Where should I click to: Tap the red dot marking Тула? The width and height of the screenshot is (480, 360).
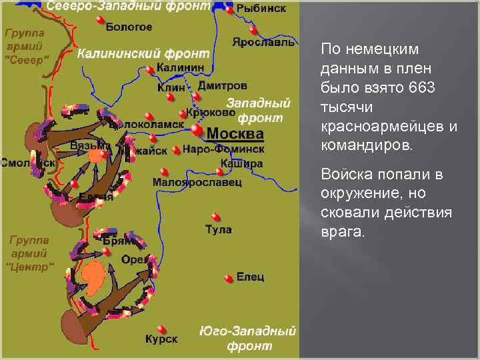tap(215, 217)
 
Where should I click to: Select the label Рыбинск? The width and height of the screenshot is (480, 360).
tap(261, 9)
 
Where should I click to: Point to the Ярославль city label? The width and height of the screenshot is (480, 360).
tap(263, 42)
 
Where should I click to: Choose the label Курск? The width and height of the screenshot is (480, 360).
tap(161, 339)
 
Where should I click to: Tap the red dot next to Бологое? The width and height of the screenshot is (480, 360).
tap(100, 21)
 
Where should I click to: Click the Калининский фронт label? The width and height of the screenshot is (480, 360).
tap(143, 53)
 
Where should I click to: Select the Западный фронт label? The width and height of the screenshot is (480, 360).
tap(260, 111)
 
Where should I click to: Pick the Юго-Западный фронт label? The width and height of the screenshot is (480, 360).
tap(248, 339)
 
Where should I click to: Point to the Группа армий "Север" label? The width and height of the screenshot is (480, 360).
tap(27, 45)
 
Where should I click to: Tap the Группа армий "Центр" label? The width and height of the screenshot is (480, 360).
tap(29, 253)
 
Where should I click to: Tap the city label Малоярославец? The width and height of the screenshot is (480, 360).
tap(197, 182)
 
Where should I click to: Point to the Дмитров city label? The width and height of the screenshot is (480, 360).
tap(222, 86)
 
